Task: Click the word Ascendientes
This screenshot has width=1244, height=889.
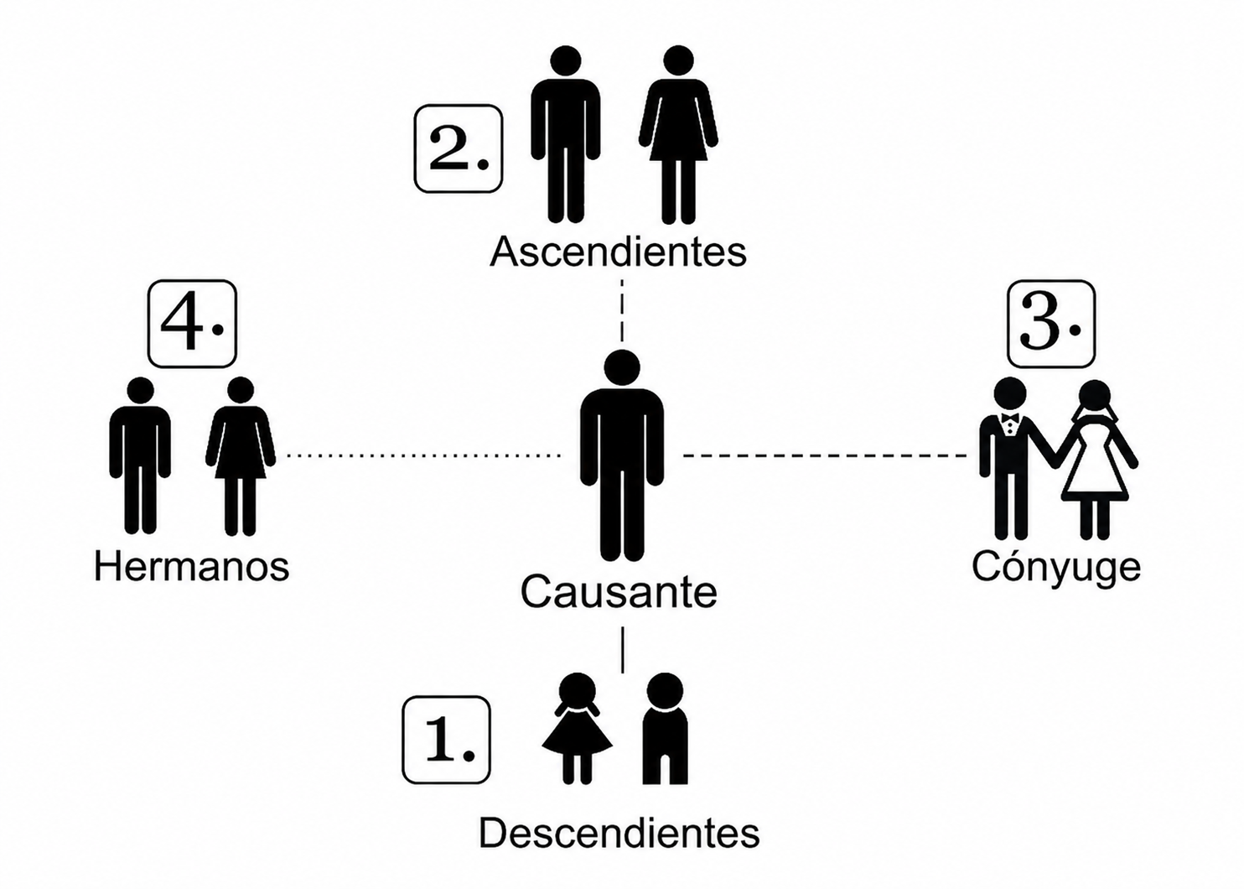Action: (x=618, y=252)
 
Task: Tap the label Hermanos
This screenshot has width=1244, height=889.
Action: (x=192, y=567)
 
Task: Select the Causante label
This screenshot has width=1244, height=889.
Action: (x=619, y=592)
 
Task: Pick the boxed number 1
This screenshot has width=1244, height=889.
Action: (x=447, y=740)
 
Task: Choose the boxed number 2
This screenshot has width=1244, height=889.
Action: (x=459, y=149)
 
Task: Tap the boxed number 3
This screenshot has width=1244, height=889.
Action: (x=1051, y=324)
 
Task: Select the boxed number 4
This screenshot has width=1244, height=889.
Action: (x=192, y=324)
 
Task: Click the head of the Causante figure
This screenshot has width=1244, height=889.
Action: (x=622, y=367)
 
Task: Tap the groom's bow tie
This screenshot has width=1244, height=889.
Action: (x=1009, y=418)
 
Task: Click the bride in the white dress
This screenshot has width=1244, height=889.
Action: (x=1095, y=460)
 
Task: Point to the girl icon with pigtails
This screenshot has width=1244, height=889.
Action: (x=577, y=729)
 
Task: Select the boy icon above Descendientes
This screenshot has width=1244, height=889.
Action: (x=665, y=729)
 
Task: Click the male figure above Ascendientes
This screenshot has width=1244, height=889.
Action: (x=565, y=134)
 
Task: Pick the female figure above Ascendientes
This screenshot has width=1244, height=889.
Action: (x=678, y=134)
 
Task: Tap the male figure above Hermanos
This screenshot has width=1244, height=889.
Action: (x=140, y=455)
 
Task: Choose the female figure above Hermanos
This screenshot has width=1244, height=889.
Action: (x=241, y=455)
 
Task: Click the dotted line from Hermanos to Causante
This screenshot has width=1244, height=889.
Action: (x=423, y=455)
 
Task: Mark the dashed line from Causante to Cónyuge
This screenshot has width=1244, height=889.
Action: (x=825, y=455)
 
